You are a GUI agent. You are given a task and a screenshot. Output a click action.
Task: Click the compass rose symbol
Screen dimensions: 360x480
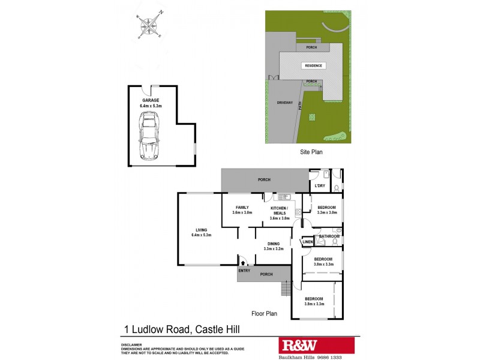(149, 25)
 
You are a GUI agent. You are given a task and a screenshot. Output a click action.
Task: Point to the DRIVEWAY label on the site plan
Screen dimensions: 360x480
(284, 103)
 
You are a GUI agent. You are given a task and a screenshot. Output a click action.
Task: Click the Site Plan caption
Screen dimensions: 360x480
(311, 152)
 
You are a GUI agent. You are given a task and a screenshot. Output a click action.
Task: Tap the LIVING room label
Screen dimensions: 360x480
(201, 229)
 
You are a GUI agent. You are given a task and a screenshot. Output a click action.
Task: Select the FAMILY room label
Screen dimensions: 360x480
(242, 207)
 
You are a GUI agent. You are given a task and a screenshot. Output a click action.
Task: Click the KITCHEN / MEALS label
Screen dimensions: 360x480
(280, 210)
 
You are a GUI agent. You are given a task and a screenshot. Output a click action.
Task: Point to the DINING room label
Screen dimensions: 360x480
(273, 243)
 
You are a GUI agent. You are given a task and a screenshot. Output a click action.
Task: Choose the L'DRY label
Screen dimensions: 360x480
(320, 186)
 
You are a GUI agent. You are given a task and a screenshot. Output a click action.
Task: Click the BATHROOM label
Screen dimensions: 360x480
(329, 236)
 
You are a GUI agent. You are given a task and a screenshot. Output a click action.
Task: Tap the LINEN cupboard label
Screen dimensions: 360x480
(307, 242)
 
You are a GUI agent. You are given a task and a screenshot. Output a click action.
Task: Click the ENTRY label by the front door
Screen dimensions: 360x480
(244, 271)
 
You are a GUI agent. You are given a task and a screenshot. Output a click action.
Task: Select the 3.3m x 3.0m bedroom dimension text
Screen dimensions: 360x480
(327, 213)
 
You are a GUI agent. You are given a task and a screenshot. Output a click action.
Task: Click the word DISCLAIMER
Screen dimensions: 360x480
(131, 344)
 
